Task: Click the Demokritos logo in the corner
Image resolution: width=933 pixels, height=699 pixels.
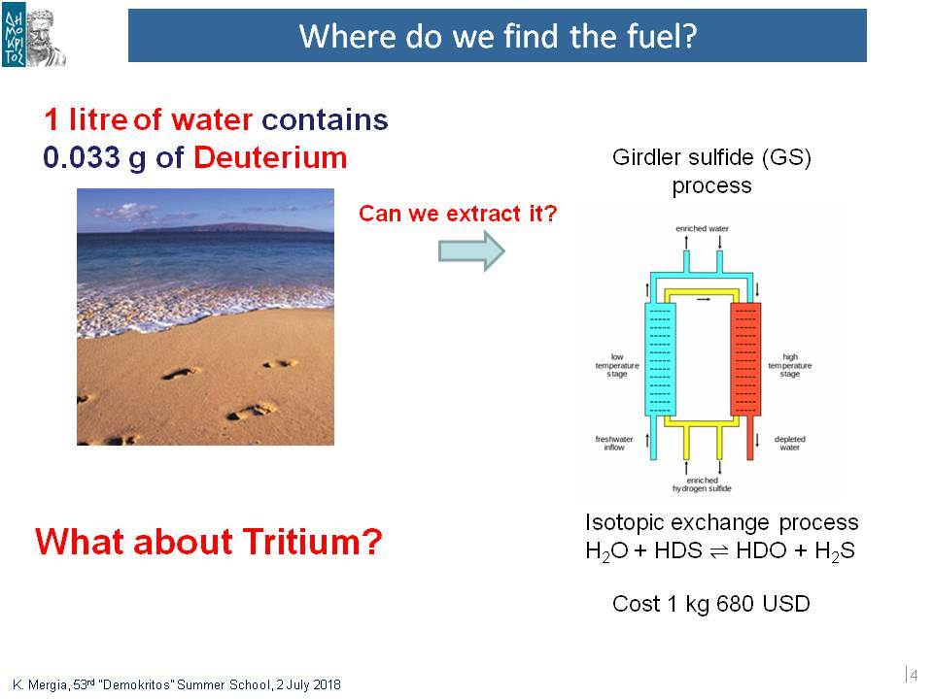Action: coord(34,36)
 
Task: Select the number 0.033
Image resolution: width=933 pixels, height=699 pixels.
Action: coord(82,157)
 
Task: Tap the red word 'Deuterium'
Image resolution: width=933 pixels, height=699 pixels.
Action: coord(270,157)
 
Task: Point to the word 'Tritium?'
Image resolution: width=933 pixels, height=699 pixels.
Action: coord(312,542)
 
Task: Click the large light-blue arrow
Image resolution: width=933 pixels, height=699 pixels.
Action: coord(471,250)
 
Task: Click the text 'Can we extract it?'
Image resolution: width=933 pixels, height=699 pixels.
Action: coord(458,214)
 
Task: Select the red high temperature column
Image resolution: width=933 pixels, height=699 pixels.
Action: coord(745,359)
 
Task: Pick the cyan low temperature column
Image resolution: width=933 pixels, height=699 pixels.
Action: coord(661,359)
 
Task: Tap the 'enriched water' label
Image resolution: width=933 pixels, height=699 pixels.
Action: coord(702,229)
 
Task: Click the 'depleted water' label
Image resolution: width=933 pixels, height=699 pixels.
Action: coord(789,444)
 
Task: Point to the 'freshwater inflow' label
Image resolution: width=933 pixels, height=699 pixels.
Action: coord(614,444)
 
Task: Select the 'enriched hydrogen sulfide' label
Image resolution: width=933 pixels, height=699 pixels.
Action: coord(702,484)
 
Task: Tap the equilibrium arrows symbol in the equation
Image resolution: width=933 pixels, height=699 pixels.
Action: coord(719,551)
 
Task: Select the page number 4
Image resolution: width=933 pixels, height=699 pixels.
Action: coord(914,676)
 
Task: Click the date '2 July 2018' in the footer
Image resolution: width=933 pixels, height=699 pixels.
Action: coord(308,684)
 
